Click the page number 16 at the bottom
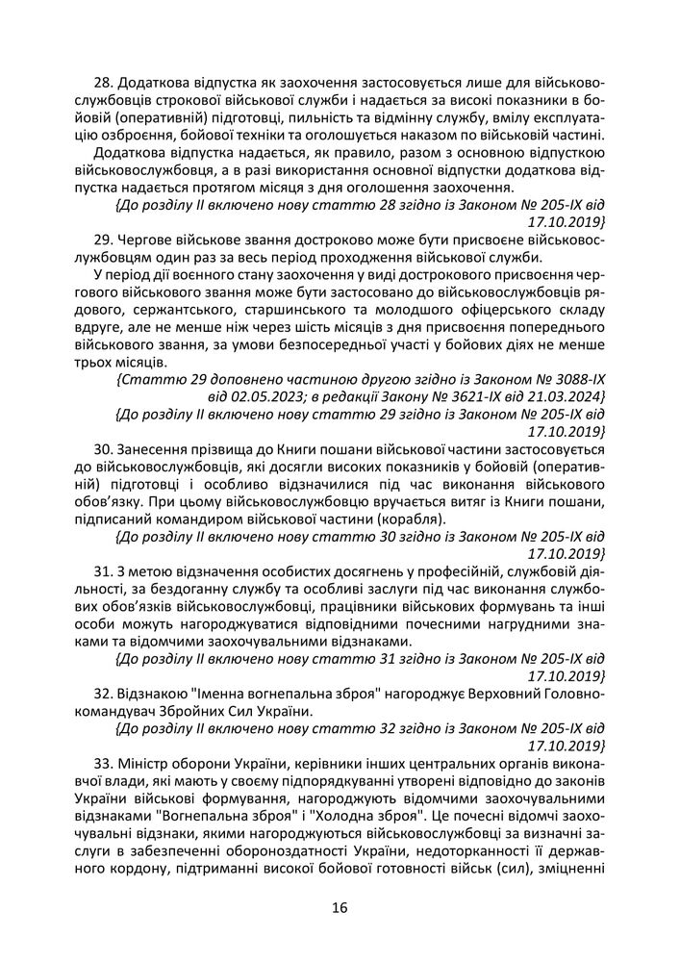pos(340,906)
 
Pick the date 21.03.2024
pos(566,396)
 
